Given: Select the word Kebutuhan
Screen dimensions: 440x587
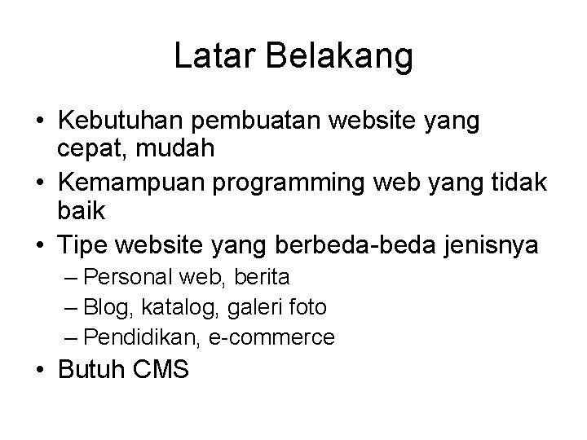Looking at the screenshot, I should pos(121,121).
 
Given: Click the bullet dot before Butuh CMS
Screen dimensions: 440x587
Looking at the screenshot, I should pos(39,371).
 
